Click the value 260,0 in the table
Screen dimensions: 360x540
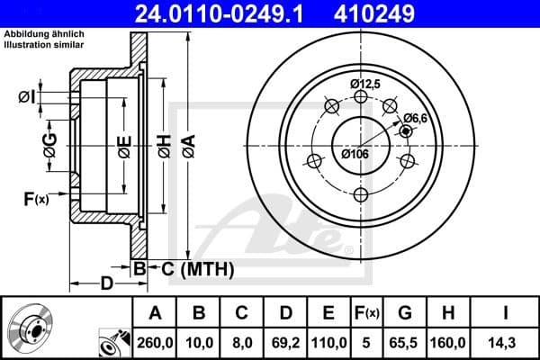point(156,341)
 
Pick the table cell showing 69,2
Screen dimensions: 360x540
point(286,341)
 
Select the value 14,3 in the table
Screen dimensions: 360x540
point(507,341)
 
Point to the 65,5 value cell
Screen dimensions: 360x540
point(406,341)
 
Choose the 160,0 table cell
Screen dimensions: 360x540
point(449,341)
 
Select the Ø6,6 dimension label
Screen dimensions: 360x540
point(415,116)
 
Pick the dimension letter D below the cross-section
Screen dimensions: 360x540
point(106,285)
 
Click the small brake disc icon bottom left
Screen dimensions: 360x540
point(35,328)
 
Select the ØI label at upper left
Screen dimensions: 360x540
point(26,97)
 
